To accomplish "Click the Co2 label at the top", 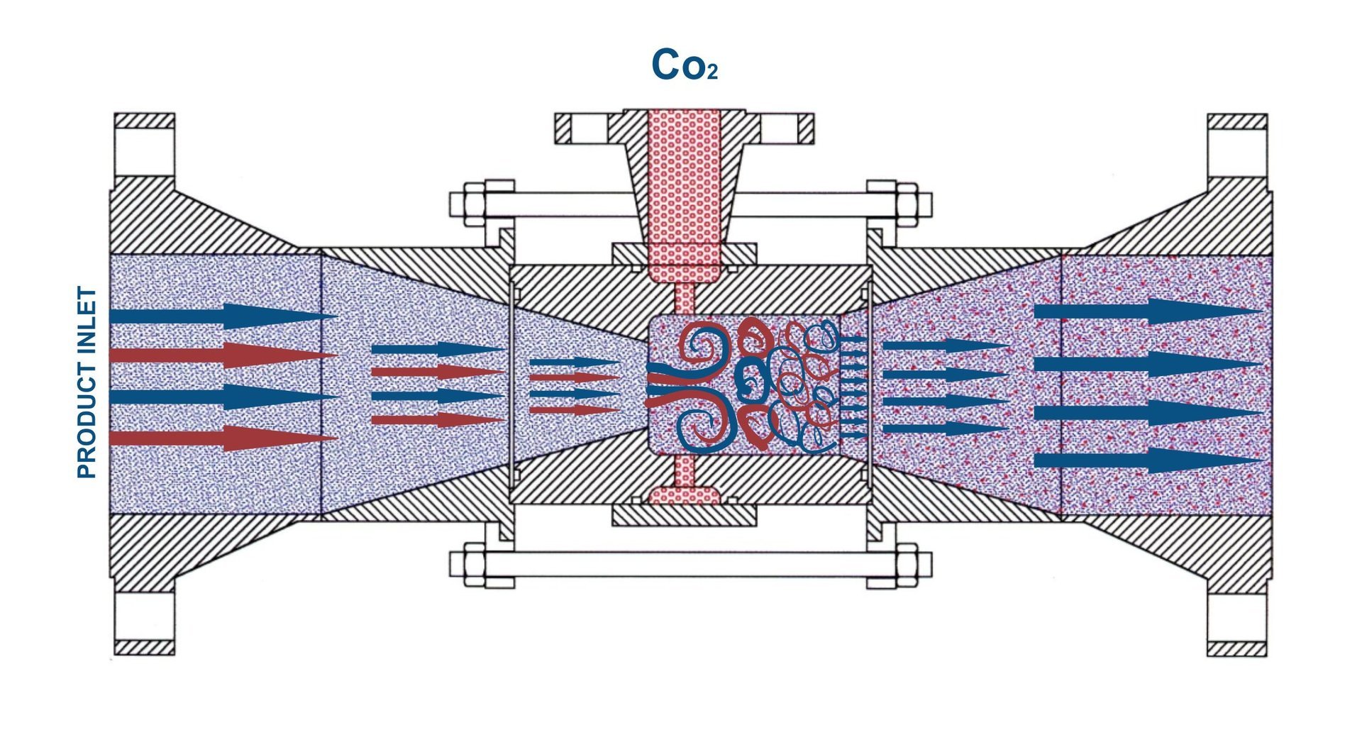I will pos(684,65).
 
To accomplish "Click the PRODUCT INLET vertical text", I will pos(87,382).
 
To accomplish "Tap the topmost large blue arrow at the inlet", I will pos(224,316).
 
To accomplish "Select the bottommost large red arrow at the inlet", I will pos(224,438).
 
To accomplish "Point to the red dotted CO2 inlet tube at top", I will pos(685,184).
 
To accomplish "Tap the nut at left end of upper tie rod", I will pos(474,204).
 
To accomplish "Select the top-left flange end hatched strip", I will pos(144,121).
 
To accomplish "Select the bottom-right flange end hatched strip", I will pos(1236,648).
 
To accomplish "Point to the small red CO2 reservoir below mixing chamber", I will pos(685,495).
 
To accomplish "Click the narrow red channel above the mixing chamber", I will pos(685,298).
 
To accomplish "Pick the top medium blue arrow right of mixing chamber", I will pos(943,346).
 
